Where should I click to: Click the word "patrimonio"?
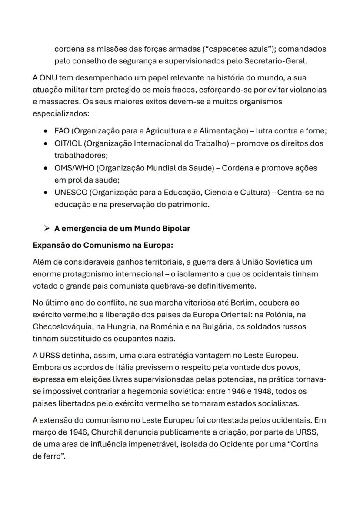click(190, 204)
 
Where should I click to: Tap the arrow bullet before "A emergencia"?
click(46, 228)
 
